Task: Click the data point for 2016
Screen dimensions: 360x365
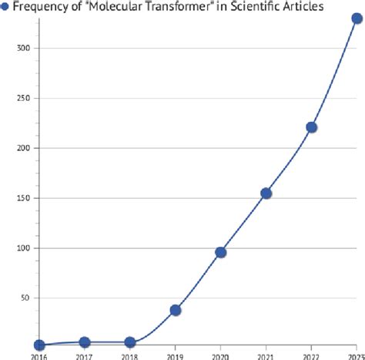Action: [39, 345]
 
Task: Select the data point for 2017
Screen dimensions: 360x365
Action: [85, 342]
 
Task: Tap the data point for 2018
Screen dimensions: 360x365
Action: [130, 342]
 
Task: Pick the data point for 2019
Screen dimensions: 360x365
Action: [176, 310]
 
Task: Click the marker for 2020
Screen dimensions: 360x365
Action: [221, 252]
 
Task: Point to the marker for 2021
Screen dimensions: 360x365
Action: [266, 193]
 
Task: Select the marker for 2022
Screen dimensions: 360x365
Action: [312, 127]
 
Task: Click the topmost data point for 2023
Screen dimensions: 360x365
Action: [357, 19]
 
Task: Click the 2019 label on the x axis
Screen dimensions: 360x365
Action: [176, 356]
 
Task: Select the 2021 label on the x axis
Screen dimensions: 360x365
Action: [266, 356]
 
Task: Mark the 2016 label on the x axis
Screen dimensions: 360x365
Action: [39, 356]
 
